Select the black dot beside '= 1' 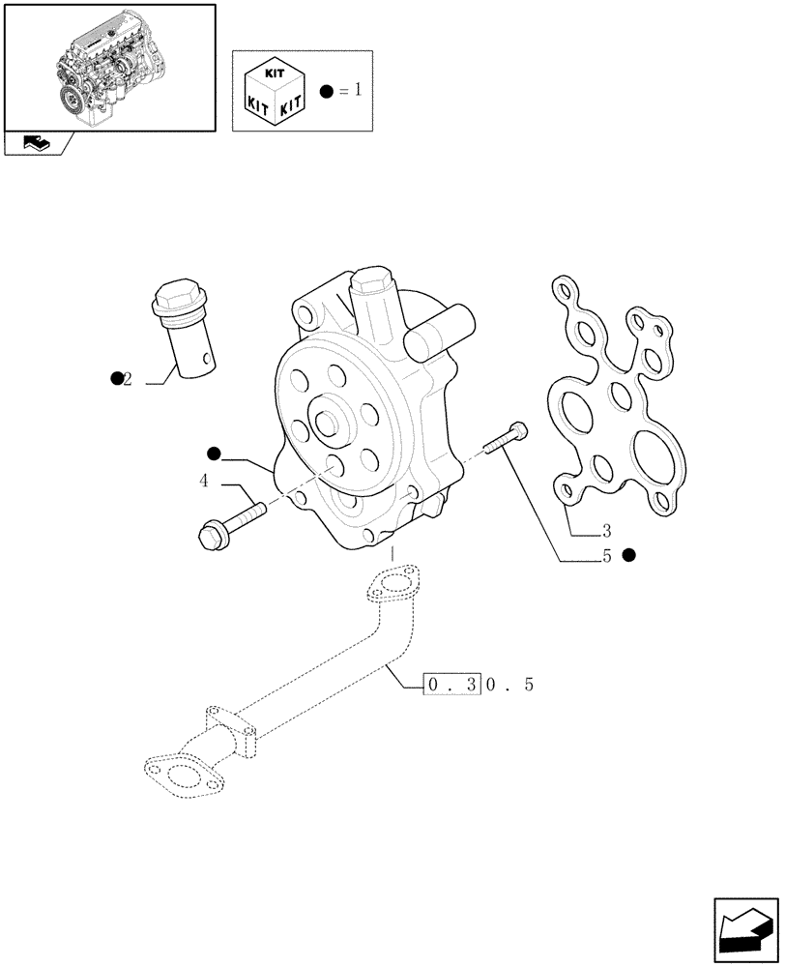pyautogui.click(x=327, y=92)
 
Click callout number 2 pyautogui.click(x=128, y=379)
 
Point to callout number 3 pyautogui.click(x=606, y=530)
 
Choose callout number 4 pyautogui.click(x=204, y=481)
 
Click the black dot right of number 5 pyautogui.click(x=629, y=555)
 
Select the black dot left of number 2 pyautogui.click(x=115, y=378)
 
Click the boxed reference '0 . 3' pyautogui.click(x=452, y=686)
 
